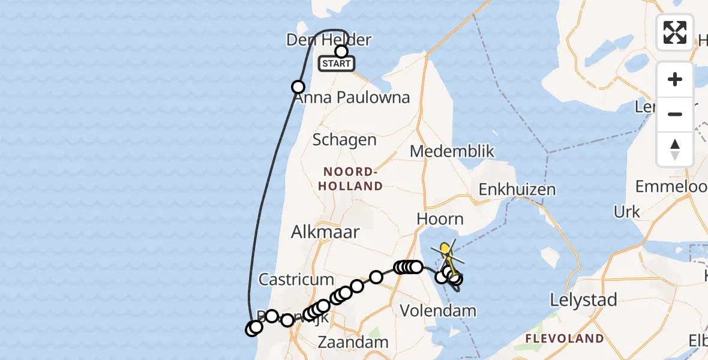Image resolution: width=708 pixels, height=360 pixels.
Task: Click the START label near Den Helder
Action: pyautogui.click(x=336, y=64)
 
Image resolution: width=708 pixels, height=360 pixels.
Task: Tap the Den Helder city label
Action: pyautogui.click(x=329, y=40)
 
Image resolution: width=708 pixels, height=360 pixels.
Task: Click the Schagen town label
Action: pyautogui.click(x=344, y=140)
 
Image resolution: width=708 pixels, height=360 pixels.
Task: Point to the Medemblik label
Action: pyautogui.click(x=452, y=151)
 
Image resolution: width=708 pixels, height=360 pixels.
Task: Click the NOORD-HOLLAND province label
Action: pyautogui.click(x=350, y=179)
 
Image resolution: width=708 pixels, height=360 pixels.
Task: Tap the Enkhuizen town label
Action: pyautogui.click(x=517, y=190)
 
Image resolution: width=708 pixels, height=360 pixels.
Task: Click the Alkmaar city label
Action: pyautogui.click(x=325, y=232)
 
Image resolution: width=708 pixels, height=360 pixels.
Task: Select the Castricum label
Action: pyautogui.click(x=296, y=279)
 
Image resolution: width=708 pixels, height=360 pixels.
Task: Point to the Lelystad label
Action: pyautogui.click(x=584, y=300)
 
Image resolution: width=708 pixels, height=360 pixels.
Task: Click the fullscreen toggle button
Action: pyautogui.click(x=675, y=32)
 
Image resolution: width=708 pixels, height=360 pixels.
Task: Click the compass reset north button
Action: pyautogui.click(x=675, y=149)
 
